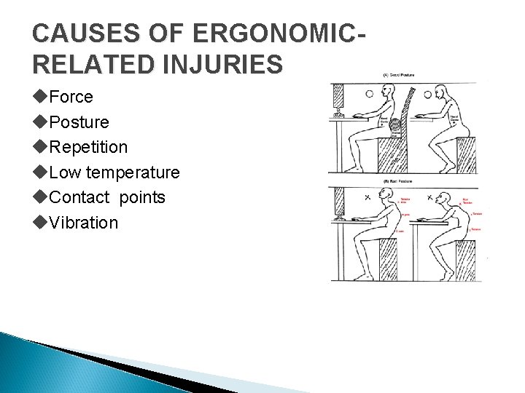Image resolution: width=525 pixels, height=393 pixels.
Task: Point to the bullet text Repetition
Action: (88, 147)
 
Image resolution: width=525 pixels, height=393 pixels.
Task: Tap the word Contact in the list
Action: (77, 197)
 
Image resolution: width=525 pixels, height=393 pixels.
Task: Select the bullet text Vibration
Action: (83, 223)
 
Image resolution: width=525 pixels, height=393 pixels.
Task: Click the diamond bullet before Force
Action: (39, 97)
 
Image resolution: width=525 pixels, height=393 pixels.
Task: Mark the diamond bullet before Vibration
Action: (39, 223)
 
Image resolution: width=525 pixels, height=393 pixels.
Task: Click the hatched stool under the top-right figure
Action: (465, 154)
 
